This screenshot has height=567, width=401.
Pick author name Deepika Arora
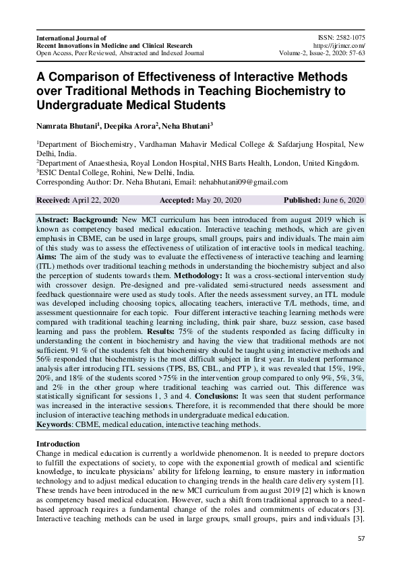[x=131, y=126]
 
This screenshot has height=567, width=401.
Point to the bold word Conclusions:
[x=224, y=397]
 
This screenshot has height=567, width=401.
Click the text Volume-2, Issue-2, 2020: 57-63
[x=321, y=52]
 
